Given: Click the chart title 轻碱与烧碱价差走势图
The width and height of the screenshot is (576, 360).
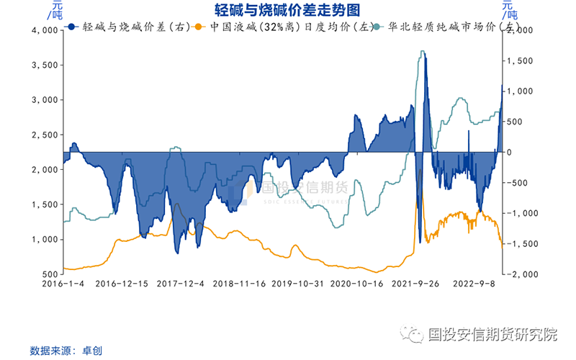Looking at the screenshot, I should point(287,9).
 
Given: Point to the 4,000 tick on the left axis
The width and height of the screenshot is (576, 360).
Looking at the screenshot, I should point(45,30).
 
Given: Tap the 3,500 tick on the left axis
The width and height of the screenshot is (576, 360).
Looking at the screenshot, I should point(45,65).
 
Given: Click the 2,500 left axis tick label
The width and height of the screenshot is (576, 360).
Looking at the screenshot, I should point(45,135).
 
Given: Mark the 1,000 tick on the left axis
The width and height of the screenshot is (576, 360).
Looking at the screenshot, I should point(45,240).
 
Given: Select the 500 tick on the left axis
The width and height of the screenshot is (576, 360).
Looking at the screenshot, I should point(49,274).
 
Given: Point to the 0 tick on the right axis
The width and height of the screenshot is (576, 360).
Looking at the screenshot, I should point(510,152).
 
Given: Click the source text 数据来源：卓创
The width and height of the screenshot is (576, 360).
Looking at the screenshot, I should point(66,351).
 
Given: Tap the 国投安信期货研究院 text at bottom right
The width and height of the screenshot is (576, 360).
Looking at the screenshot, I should point(492,334).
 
